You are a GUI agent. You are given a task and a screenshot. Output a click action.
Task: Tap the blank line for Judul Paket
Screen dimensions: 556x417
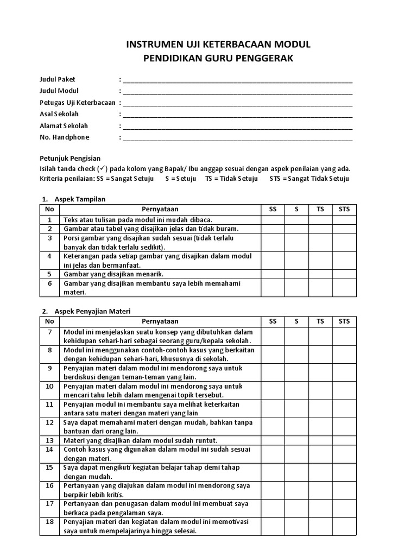click(237, 80)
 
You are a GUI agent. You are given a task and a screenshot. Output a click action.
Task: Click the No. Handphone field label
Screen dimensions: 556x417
click(64, 137)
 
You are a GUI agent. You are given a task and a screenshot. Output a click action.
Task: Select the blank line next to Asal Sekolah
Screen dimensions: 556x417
click(237, 115)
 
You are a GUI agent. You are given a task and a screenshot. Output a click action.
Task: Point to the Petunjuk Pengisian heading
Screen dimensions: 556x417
click(70, 158)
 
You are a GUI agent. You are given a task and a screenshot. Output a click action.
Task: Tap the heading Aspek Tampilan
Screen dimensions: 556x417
click(80, 199)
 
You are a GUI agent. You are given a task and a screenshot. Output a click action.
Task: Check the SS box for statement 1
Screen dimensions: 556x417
click(273, 220)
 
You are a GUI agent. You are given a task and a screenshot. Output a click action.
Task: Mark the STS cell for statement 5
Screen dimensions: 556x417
click(344, 274)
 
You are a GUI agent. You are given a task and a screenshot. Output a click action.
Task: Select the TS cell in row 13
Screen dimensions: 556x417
click(320, 440)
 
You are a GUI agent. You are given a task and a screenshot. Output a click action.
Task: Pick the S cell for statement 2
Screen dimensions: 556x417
click(296, 229)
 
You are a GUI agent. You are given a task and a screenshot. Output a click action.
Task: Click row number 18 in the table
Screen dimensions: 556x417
click(49, 522)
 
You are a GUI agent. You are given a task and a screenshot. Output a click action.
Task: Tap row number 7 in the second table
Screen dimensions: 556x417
click(49, 332)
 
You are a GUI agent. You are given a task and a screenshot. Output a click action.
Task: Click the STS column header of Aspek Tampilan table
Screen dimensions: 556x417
click(344, 209)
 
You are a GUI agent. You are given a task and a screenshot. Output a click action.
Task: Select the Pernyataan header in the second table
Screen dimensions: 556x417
click(160, 321)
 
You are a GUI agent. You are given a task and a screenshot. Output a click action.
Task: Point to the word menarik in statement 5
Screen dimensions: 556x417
click(151, 274)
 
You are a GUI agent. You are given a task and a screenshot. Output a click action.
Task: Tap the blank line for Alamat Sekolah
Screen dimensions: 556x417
click(237, 126)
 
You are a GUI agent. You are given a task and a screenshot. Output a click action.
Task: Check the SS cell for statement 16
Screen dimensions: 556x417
click(273, 490)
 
